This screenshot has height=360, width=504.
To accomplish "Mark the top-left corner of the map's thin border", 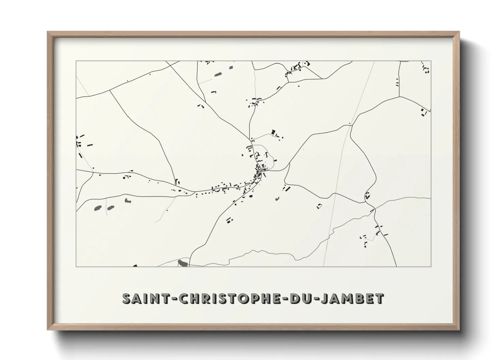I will coord(76,61).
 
